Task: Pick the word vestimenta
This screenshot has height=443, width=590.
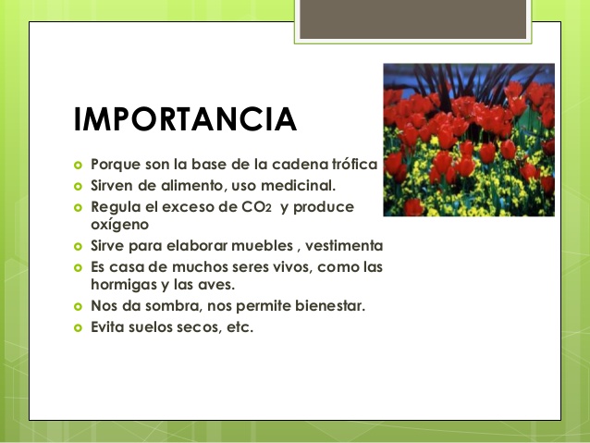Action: pyautogui.click(x=343, y=246)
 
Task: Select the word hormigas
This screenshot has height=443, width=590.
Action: pyautogui.click(x=126, y=286)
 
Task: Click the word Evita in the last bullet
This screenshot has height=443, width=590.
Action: pyautogui.click(x=110, y=327)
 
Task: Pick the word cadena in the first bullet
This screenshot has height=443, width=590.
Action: pyautogui.click(x=281, y=165)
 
